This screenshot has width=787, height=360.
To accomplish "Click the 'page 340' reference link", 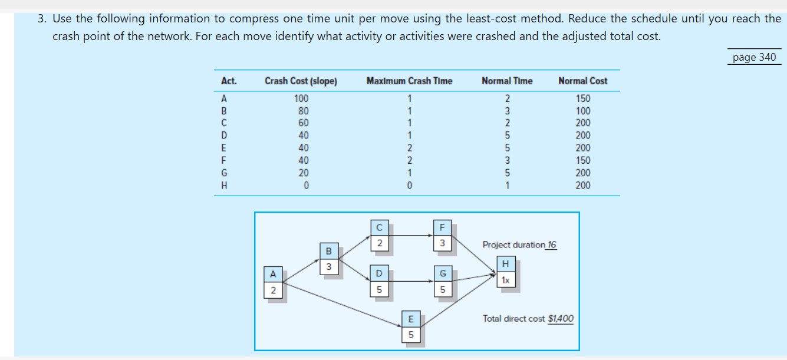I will click(x=754, y=57).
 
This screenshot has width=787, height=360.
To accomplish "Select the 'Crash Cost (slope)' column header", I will click(x=301, y=81).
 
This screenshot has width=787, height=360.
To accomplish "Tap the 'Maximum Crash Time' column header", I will click(x=409, y=81).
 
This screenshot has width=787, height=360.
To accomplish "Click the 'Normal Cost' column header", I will click(x=582, y=81).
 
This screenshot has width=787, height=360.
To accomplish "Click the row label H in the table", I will click(x=224, y=185).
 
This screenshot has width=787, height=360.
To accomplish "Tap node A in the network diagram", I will click(x=272, y=282).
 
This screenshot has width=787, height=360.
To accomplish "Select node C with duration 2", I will click(x=379, y=235).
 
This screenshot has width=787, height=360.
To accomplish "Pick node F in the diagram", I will click(x=441, y=235).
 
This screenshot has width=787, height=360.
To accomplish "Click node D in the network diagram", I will click(x=379, y=282).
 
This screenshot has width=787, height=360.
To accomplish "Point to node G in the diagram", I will click(x=442, y=282).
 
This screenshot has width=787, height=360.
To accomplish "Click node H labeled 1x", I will click(x=506, y=272).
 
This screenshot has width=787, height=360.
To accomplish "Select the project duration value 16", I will click(x=551, y=245).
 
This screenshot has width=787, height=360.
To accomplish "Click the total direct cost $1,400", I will click(x=560, y=319).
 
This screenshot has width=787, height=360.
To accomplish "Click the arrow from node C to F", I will click(x=410, y=236).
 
